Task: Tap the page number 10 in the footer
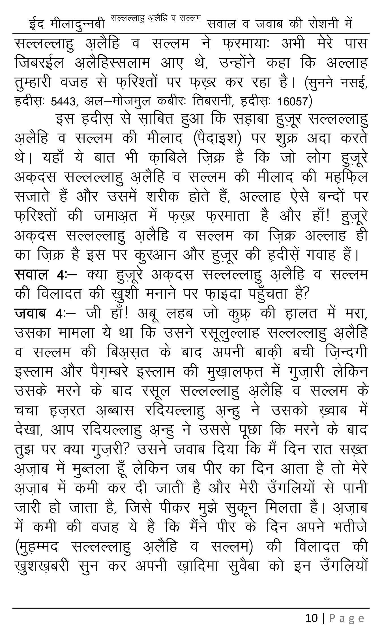pos(312,618)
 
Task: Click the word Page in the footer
pos(347,618)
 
